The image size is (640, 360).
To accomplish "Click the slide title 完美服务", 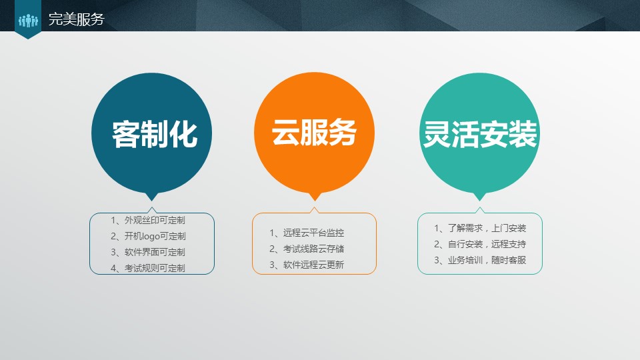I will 77,19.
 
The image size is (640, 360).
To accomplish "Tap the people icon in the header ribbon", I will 28,21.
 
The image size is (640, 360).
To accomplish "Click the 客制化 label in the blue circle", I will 155,135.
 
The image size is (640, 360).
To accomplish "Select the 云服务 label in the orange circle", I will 314,133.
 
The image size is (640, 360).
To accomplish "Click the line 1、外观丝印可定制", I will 148,220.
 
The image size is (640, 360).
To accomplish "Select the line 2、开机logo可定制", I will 148,236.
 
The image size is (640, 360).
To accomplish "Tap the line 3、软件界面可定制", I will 148,252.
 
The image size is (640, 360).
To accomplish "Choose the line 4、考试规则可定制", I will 148,268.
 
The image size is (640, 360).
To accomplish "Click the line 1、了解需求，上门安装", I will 480,228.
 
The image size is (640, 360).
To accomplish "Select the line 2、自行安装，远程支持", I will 480,244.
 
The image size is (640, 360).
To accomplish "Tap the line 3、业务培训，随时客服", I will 480,260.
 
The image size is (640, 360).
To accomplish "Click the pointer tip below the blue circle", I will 152,197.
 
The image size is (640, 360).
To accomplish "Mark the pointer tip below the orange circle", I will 315,197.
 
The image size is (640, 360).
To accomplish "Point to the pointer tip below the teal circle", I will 479,197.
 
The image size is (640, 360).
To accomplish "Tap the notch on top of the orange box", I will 315,210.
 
